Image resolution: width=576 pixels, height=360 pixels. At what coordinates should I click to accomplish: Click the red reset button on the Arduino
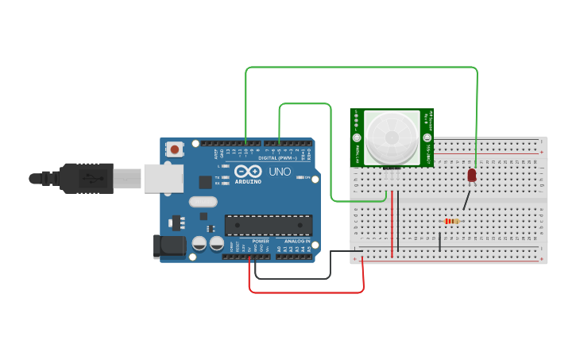pos(175,149)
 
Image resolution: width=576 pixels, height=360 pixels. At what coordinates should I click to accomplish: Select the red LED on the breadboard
pos(471,174)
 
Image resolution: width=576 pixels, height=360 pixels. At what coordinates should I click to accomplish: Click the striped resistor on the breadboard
pos(451,221)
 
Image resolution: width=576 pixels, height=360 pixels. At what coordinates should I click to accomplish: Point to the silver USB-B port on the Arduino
pos(163,177)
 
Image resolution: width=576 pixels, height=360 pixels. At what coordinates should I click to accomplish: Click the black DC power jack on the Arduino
pos(169,246)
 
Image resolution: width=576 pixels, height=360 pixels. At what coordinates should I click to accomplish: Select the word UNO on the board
pos(280,172)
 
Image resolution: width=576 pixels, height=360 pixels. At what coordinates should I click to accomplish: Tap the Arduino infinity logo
pos(247,172)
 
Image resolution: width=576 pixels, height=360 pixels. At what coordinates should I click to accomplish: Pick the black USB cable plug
pos(87,178)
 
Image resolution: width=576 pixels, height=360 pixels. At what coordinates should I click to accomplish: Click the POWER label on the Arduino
pos(261,241)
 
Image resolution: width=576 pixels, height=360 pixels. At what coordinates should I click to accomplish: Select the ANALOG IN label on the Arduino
pos(298,241)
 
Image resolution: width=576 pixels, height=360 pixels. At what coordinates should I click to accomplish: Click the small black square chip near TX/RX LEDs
pos(205,181)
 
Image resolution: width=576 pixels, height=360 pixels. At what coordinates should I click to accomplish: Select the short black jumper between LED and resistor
pos(467,199)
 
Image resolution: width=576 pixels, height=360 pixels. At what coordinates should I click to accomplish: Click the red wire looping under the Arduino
pos(306,292)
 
